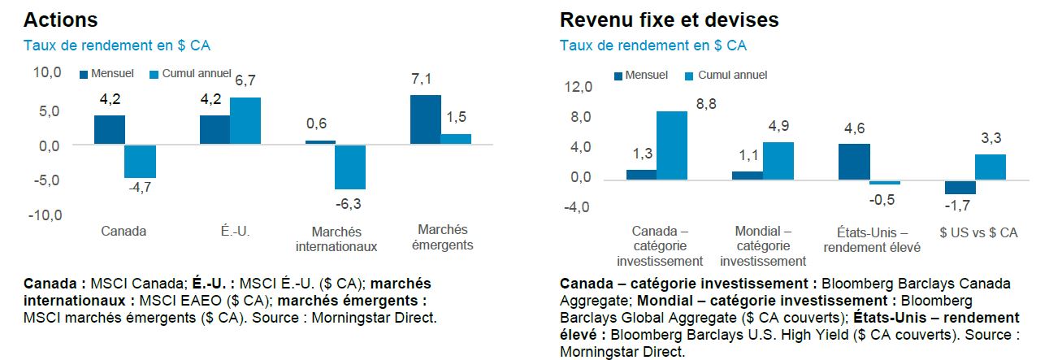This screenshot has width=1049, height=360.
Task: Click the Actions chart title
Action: (x=60, y=20)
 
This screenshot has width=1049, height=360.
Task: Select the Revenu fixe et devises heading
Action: (x=669, y=20)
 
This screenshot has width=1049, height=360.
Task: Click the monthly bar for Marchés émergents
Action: (x=426, y=119)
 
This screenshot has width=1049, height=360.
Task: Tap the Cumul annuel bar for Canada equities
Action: (x=140, y=161)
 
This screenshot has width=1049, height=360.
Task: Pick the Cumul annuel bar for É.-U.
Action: (x=245, y=120)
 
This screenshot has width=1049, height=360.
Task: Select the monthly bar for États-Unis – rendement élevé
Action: (x=854, y=161)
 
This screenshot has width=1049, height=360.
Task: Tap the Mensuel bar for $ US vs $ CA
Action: (x=960, y=187)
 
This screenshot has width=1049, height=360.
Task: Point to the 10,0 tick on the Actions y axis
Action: (x=46, y=73)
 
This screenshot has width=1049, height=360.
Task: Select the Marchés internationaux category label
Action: (x=336, y=239)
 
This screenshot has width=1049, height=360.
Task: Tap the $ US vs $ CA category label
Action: (x=977, y=232)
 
